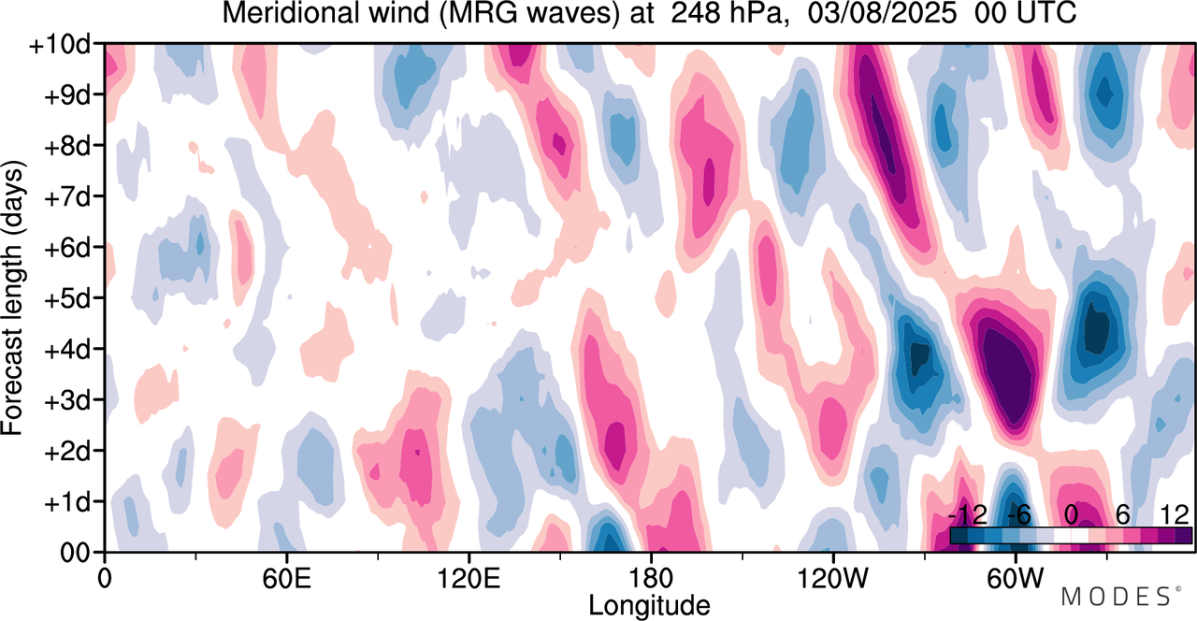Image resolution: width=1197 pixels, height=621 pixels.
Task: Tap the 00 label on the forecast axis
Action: coord(80,553)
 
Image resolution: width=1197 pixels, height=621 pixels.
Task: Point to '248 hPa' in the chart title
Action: coord(729,14)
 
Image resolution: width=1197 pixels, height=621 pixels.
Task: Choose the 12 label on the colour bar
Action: coord(1174,515)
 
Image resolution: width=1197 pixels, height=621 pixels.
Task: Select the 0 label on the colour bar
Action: coord(1072,515)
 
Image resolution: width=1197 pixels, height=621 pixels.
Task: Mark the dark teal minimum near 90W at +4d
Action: coord(920,355)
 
